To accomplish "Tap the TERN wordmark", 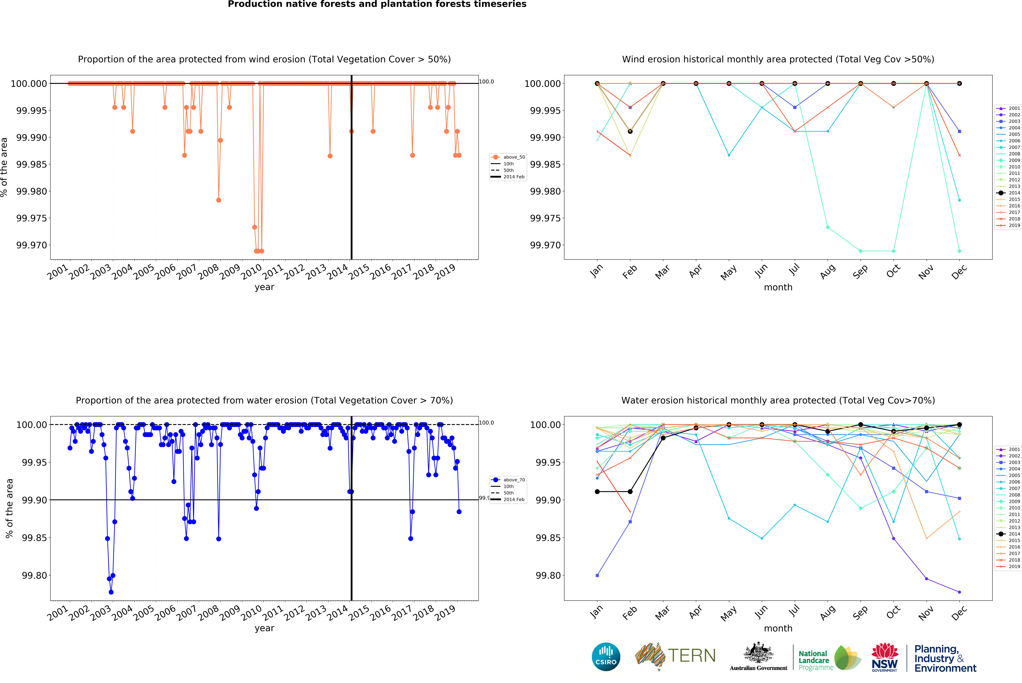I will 692,656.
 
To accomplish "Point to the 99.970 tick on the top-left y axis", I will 31,245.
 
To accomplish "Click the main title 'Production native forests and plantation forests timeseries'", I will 377,4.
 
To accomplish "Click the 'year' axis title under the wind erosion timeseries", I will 264,287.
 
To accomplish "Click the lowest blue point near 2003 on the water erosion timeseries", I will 111,592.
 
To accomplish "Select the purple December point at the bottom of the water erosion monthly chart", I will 959,592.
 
